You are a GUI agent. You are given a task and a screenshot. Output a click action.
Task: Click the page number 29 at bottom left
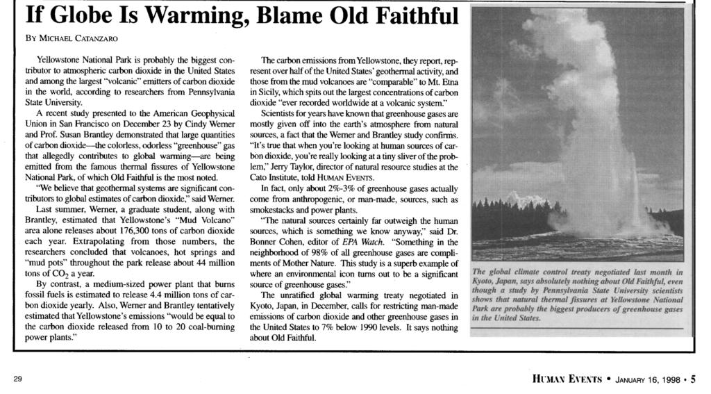(17, 379)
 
